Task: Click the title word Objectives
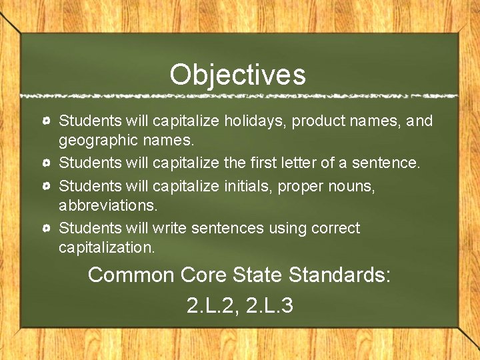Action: [237, 75]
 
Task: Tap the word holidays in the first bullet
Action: [249, 121]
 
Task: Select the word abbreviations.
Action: [108, 205]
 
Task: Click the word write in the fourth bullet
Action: [170, 228]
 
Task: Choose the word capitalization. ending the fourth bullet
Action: [107, 248]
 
